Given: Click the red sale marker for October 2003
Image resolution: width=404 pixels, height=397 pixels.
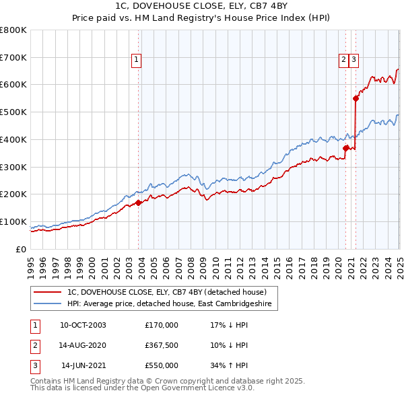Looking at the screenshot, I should [x=138, y=202].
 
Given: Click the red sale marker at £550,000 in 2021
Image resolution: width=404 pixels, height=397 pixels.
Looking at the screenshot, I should [x=355, y=98].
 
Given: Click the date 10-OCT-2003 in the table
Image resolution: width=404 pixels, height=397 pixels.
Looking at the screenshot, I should [x=83, y=325].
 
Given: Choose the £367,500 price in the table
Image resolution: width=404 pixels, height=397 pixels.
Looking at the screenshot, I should [x=162, y=345].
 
